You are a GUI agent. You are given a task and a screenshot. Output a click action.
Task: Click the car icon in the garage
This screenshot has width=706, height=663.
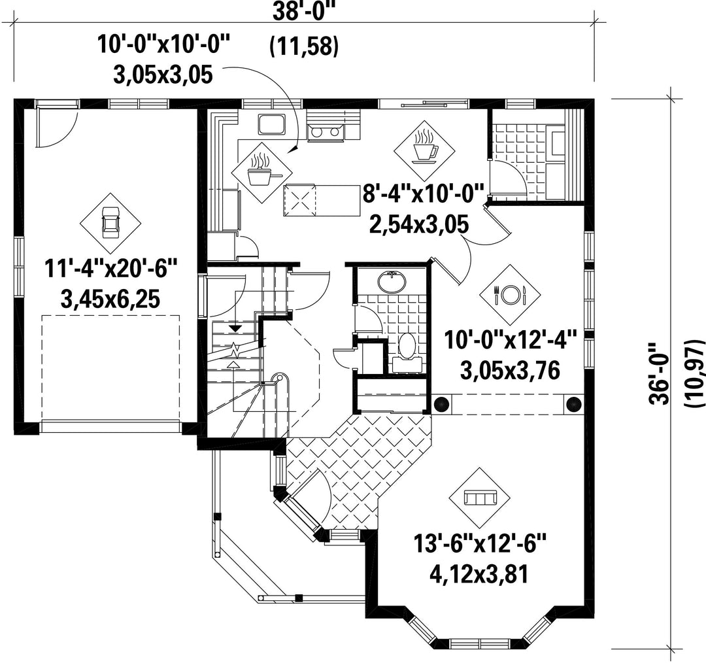pyautogui.click(x=110, y=222)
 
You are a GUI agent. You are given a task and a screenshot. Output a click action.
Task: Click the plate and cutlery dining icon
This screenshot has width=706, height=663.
pyautogui.click(x=510, y=295)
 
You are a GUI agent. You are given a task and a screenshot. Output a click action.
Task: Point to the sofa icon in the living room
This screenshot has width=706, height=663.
pyautogui.click(x=480, y=498)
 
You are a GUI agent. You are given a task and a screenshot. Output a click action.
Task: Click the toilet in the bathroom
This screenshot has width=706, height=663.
pyautogui.click(x=407, y=353)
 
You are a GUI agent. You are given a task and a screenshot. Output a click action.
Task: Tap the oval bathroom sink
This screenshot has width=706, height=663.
pyautogui.click(x=392, y=282)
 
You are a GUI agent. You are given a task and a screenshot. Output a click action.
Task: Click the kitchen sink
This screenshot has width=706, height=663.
pyautogui.click(x=271, y=125)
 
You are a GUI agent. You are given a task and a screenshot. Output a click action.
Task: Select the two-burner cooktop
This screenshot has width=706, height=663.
pyautogui.click(x=326, y=133)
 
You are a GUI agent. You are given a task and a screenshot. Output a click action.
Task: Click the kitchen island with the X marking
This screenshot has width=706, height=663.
pyautogui.click(x=322, y=200)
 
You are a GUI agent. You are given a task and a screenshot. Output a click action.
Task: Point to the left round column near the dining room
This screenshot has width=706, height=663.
pyautogui.click(x=441, y=392)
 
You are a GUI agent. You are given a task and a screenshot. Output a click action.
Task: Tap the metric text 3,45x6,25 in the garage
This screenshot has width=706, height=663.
pyautogui.click(x=110, y=299)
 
